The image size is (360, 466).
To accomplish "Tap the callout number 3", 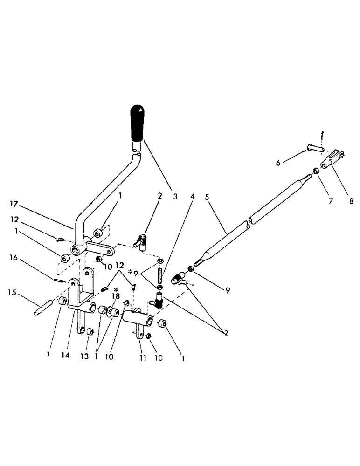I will coord(175,197).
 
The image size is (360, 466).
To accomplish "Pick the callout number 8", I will coord(351,201).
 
